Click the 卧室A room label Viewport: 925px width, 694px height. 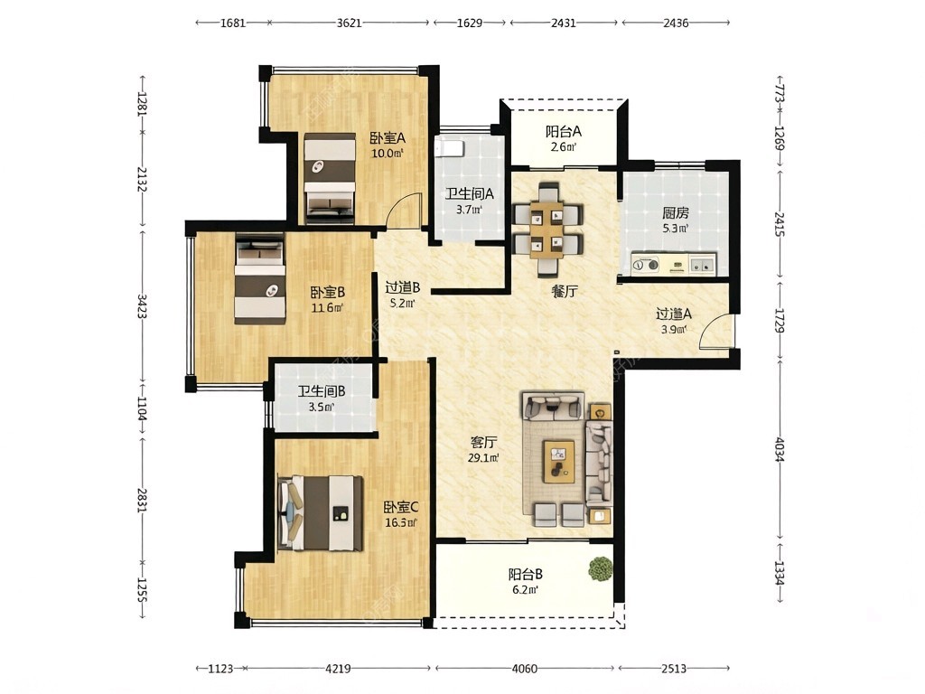(x=388, y=138)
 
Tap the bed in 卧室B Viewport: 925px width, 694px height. (x=260, y=278)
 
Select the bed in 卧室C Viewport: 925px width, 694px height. (x=321, y=513)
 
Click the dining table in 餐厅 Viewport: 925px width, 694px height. (x=548, y=230)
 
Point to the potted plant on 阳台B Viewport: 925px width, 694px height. (x=601, y=569)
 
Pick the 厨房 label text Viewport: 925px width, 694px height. (x=675, y=212)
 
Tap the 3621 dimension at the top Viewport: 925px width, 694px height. (x=349, y=23)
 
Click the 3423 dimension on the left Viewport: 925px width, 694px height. (x=142, y=306)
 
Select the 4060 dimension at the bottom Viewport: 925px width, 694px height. (x=525, y=669)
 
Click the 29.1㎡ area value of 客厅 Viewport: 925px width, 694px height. (x=483, y=457)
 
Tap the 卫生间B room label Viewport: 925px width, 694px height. (x=322, y=390)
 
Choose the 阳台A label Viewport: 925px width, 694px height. (x=564, y=131)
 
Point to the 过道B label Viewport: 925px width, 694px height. (x=402, y=288)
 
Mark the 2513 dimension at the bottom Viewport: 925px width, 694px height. (x=674, y=669)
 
